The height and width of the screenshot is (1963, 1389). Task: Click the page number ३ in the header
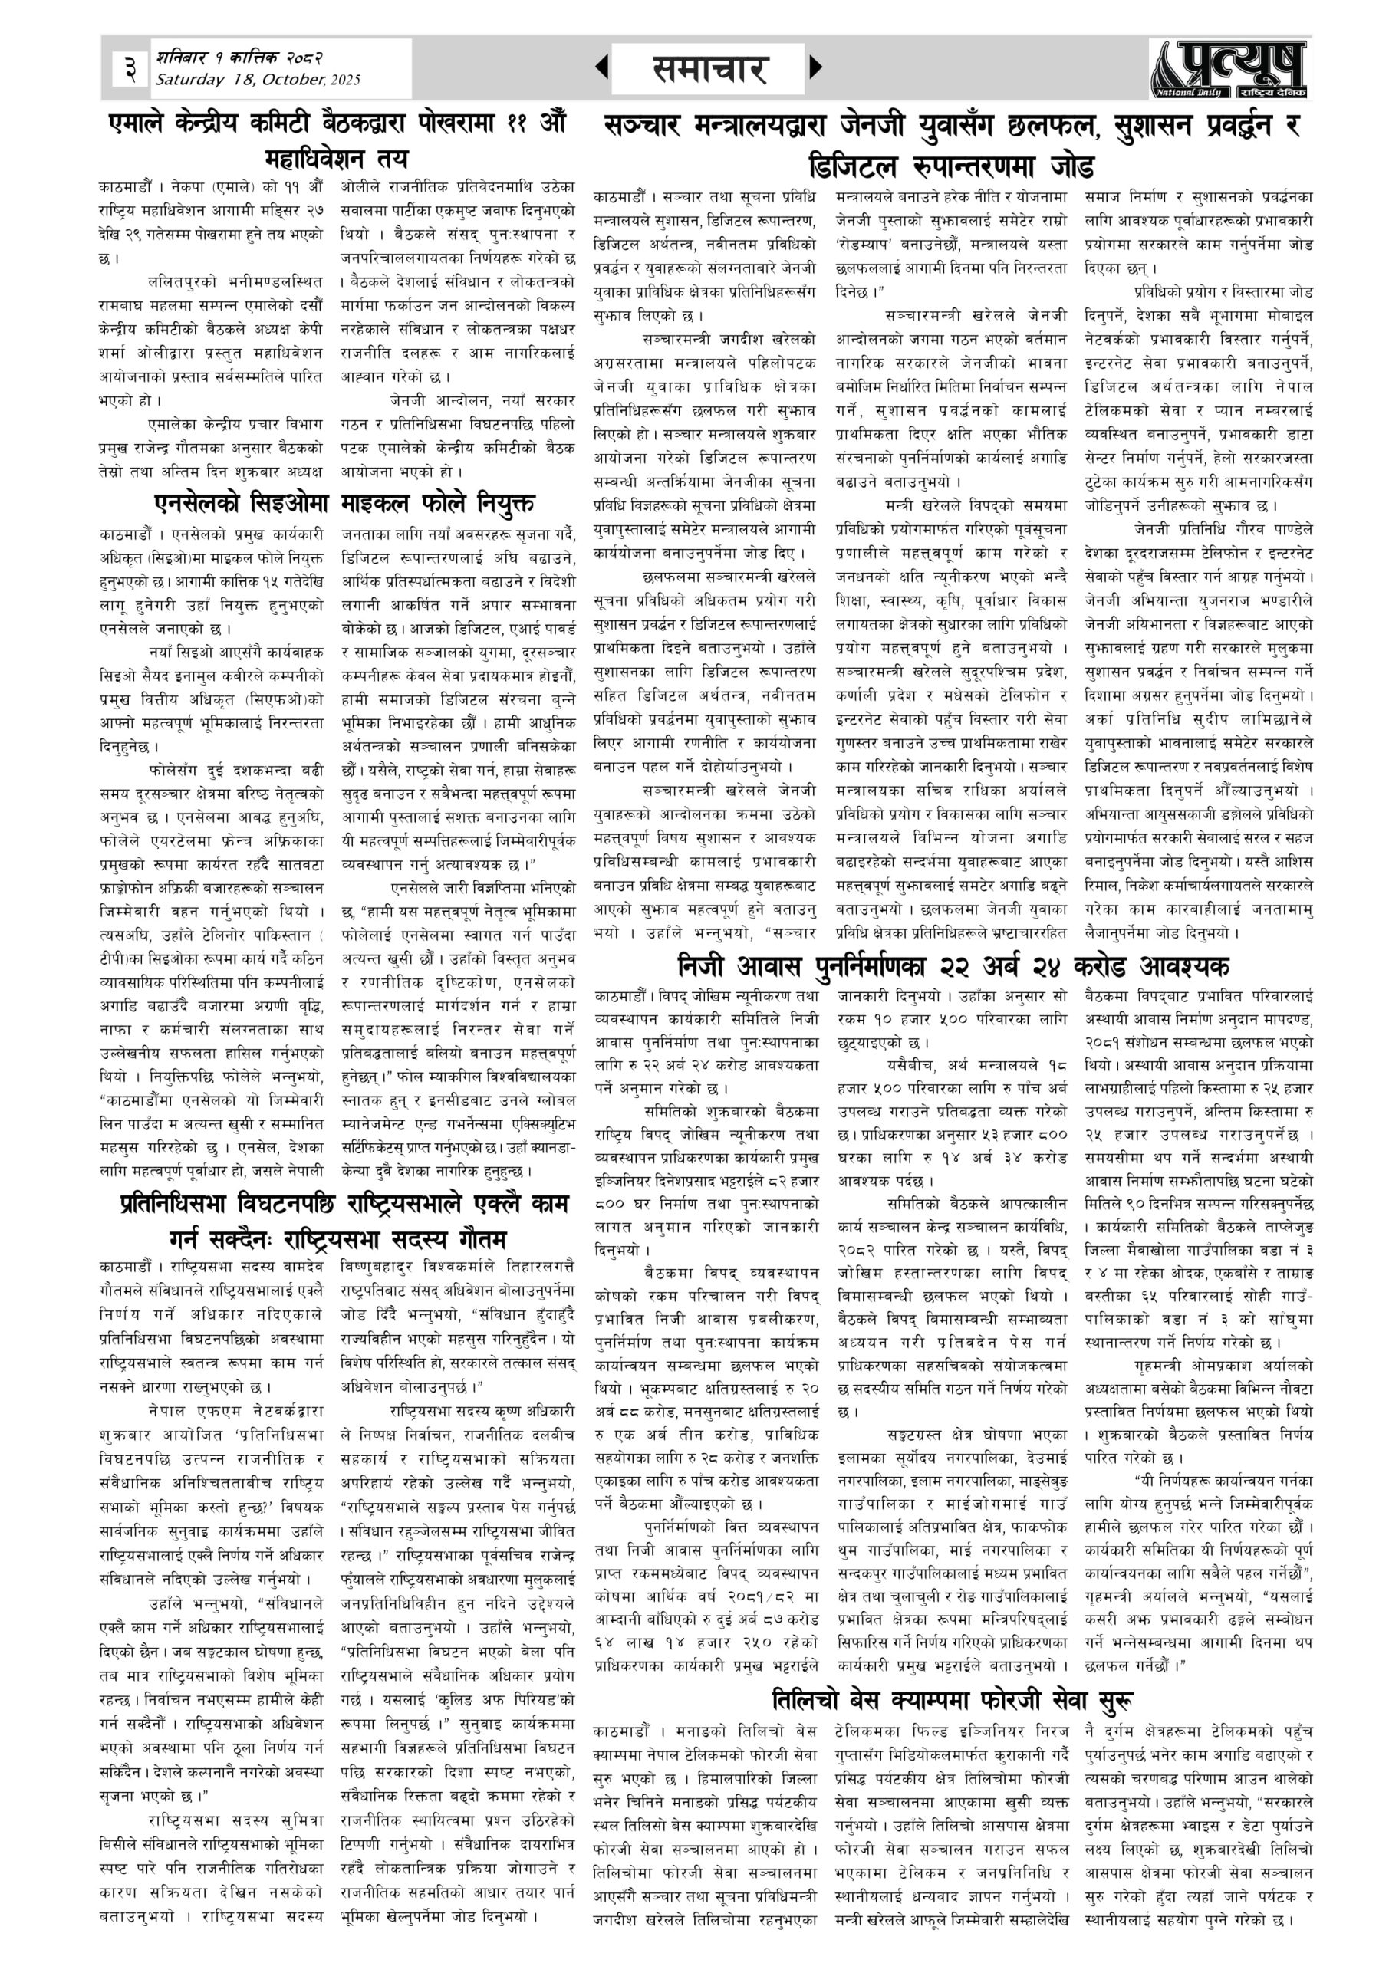click(129, 67)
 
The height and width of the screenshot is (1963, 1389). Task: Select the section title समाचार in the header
click(709, 69)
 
